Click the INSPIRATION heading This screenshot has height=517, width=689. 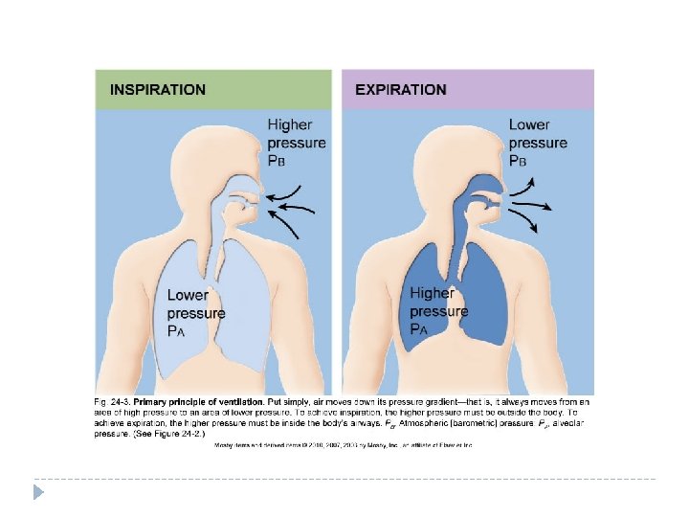pyautogui.click(x=158, y=89)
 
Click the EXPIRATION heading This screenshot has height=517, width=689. pyautogui.click(x=401, y=89)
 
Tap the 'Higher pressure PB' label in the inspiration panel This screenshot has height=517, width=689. pyautogui.click(x=297, y=143)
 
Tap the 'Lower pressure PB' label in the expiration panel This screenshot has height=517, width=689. pyautogui.click(x=538, y=143)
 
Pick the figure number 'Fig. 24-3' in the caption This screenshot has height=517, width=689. pyautogui.click(x=112, y=400)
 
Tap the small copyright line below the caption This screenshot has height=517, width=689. pyautogui.click(x=344, y=445)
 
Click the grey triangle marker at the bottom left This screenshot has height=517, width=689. pyautogui.click(x=38, y=493)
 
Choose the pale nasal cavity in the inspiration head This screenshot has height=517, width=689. pyautogui.click(x=244, y=186)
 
